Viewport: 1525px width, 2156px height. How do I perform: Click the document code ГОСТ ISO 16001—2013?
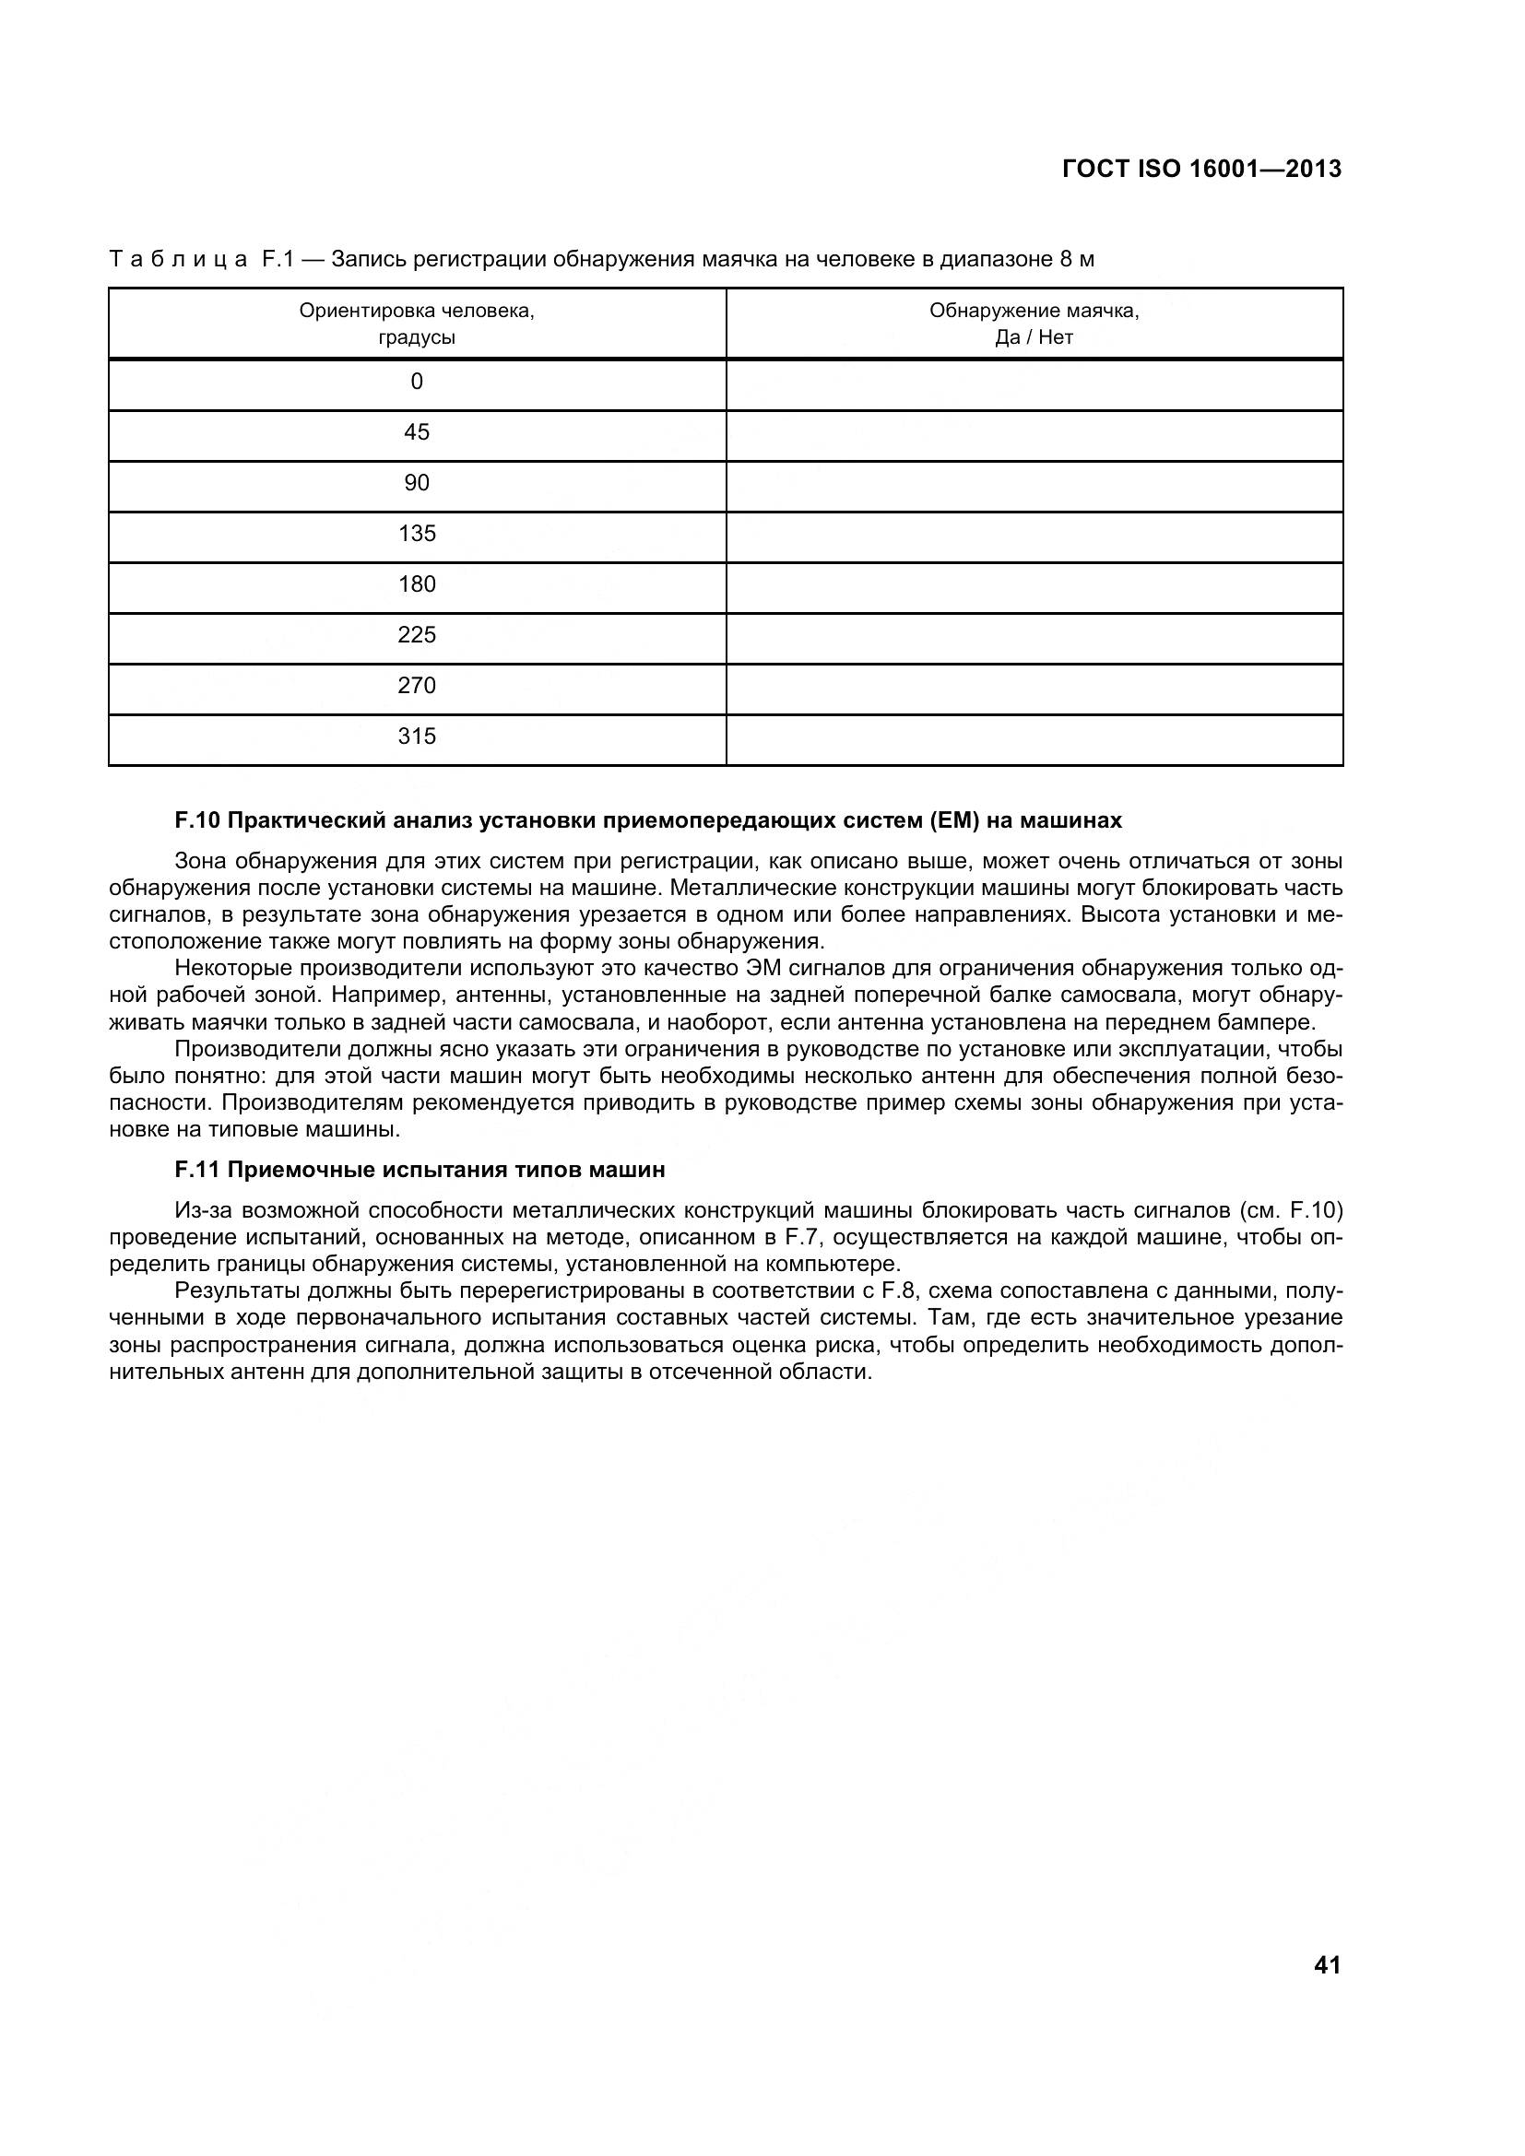(1201, 169)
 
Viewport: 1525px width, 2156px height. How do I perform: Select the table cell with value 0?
(417, 383)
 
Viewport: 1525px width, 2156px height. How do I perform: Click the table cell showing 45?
(417, 433)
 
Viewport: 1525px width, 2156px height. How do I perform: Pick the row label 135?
(417, 535)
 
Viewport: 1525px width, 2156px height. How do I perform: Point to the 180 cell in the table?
(417, 585)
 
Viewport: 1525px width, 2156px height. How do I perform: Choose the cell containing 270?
(417, 687)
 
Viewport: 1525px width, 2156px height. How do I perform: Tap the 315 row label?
(417, 737)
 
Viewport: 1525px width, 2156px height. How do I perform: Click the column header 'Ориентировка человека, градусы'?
(417, 324)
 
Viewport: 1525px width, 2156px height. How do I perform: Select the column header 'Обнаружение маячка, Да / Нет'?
(1034, 324)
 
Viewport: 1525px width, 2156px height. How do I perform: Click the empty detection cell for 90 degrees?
(1034, 486)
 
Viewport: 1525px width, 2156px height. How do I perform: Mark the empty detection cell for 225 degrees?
(1034, 639)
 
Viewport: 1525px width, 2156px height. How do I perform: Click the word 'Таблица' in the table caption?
(179, 259)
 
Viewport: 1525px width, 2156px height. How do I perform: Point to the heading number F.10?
(197, 820)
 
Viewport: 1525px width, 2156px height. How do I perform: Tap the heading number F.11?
(197, 1170)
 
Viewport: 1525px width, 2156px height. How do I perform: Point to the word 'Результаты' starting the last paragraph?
(234, 1290)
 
